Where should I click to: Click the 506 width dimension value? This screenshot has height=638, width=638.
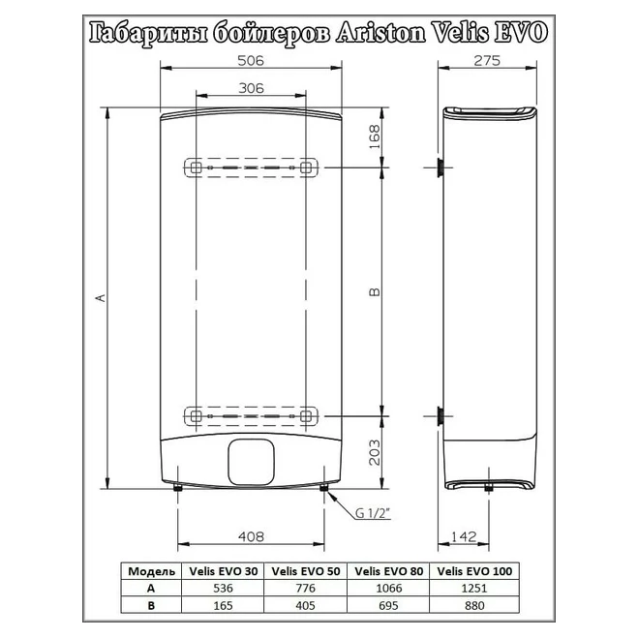coord(251,61)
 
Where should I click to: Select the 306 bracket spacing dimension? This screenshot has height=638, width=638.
coord(251,88)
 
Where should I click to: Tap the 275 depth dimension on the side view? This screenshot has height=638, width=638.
coord(487,61)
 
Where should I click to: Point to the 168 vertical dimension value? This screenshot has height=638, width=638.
coord(375,137)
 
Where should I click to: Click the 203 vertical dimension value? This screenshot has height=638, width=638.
coord(375,452)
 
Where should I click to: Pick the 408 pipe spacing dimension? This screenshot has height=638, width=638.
coord(251,536)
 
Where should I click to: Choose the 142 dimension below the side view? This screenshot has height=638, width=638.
coord(464,536)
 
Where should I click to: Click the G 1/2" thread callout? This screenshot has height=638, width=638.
coord(373,513)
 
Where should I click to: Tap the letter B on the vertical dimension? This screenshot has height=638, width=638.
coord(375,291)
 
